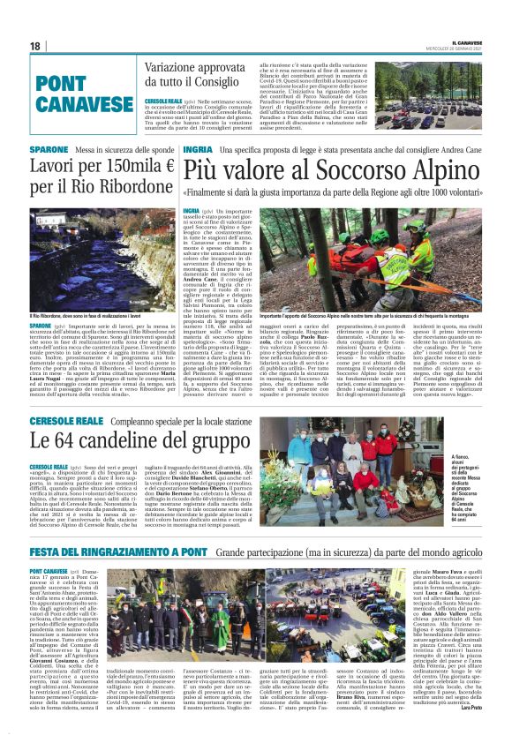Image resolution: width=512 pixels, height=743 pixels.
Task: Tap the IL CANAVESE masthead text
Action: pos(463,41)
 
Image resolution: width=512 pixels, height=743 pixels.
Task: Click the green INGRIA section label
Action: pos(197,150)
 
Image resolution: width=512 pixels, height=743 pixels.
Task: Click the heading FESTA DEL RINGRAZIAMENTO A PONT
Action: pos(118,552)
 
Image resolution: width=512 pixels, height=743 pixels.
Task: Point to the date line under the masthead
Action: pos(463,49)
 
